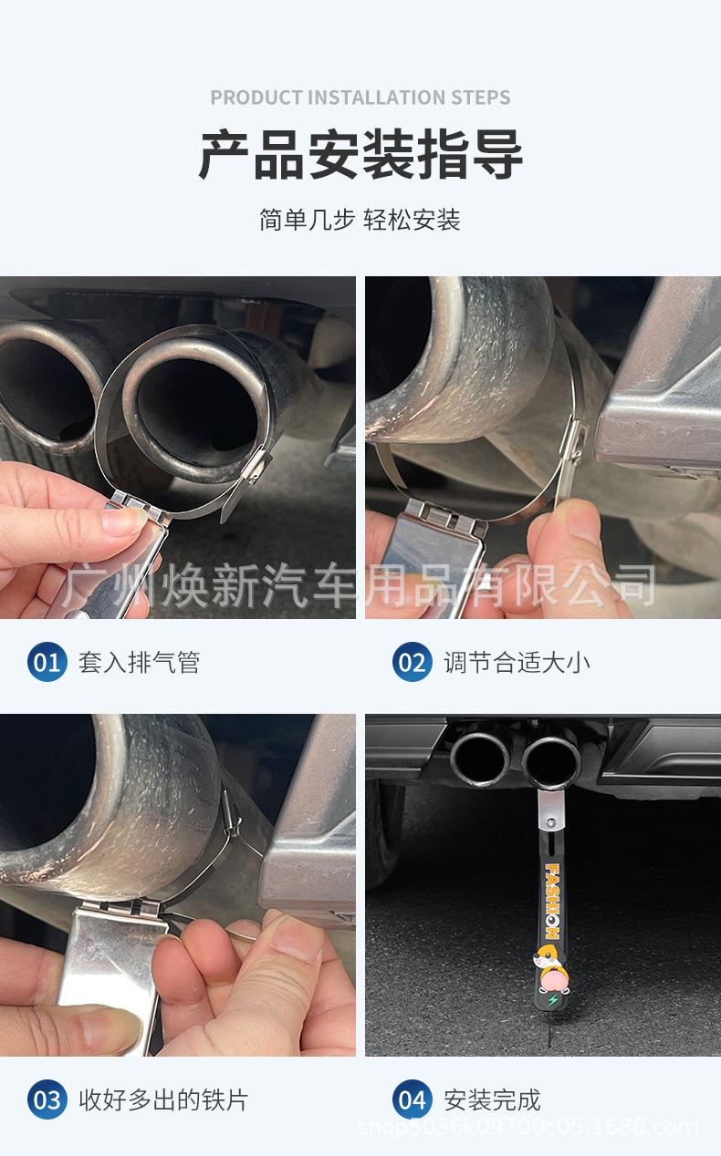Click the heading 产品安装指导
(x=360, y=155)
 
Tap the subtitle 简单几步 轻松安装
(x=360, y=220)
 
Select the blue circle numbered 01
(x=47, y=662)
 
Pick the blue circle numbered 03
(x=47, y=1099)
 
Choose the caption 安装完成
(x=492, y=1100)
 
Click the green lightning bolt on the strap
(x=554, y=1000)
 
